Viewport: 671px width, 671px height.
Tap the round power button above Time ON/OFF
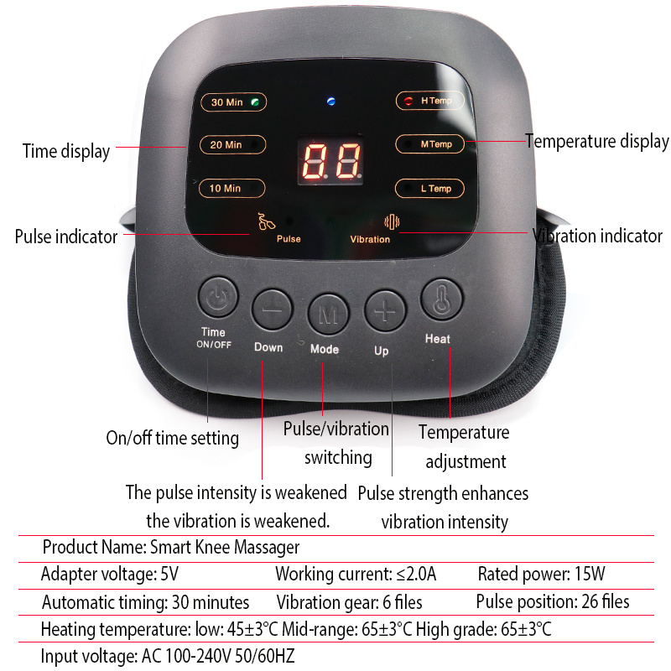(x=216, y=299)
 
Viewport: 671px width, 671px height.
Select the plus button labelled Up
(x=384, y=310)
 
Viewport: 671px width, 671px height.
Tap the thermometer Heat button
(x=441, y=299)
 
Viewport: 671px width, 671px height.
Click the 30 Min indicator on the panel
(x=232, y=102)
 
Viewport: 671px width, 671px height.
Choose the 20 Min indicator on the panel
(x=232, y=144)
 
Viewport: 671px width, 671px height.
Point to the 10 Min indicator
(x=232, y=188)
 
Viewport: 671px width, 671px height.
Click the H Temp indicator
(x=429, y=101)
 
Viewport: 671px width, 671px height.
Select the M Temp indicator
(x=429, y=144)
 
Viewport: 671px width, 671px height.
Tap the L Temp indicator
(x=429, y=188)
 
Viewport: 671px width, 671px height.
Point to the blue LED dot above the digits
(x=330, y=102)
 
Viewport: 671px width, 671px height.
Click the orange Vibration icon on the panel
(x=388, y=221)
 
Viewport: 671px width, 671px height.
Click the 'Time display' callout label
(x=65, y=151)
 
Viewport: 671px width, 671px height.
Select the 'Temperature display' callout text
(x=597, y=142)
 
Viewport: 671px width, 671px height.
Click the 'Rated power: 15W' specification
(x=541, y=575)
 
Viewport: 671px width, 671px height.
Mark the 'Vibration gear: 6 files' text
(x=349, y=602)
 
